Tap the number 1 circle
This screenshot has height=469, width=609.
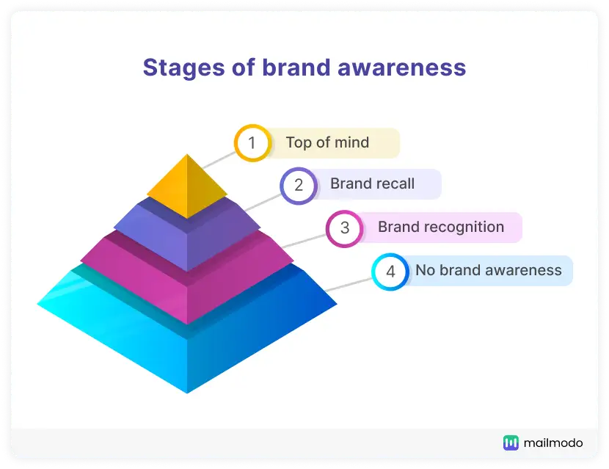pos(252,142)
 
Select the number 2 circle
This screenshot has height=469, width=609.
pos(299,185)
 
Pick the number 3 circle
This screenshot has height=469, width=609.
pos(345,228)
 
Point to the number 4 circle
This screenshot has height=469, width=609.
pos(390,272)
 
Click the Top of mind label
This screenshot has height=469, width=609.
pos(327,142)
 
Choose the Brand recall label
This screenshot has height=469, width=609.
pos(372,184)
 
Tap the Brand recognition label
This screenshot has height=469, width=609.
pos(440,228)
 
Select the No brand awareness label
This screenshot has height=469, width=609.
pos(488,270)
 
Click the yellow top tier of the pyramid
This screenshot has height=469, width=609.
pos(187,187)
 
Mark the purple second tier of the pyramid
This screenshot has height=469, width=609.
pos(187,235)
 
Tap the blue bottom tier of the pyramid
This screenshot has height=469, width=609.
pos(187,345)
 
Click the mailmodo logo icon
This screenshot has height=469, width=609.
pos(511,443)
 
